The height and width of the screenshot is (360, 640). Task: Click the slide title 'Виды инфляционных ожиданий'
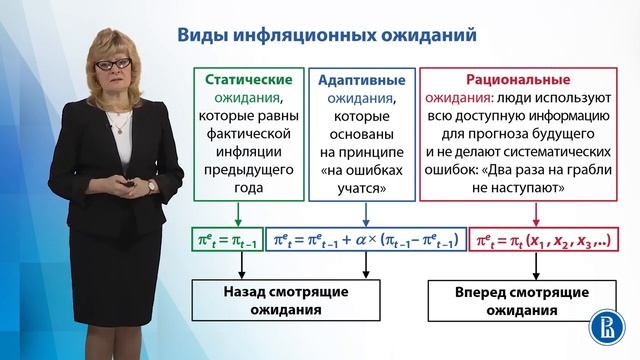coord(326,35)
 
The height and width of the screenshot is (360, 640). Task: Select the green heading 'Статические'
coord(248,79)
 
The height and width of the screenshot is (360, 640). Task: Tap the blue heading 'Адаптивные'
coord(361,79)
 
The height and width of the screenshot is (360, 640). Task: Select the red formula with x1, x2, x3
coord(545,240)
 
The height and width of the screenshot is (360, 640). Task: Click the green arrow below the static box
coord(239,214)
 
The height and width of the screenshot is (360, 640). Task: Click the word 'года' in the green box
coord(248,188)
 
